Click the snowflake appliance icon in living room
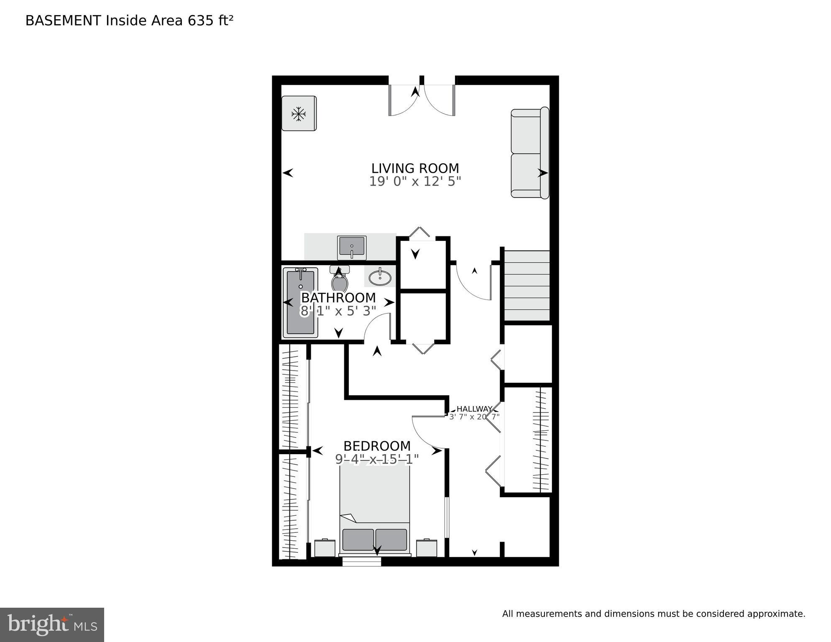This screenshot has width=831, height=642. [299, 114]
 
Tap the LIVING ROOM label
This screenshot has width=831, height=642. [415, 168]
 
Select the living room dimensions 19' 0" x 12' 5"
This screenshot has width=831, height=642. [415, 182]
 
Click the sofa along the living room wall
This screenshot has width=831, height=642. [529, 153]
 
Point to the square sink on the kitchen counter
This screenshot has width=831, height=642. [352, 247]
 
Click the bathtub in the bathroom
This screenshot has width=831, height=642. [300, 302]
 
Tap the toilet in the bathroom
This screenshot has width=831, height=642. [340, 281]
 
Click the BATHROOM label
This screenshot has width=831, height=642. [338, 298]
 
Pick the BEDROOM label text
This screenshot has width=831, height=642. [377, 446]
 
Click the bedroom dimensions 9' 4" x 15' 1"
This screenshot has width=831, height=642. [377, 459]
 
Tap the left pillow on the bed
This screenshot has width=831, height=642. [358, 540]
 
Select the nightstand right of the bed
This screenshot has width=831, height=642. [427, 548]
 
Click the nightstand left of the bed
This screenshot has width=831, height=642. [325, 548]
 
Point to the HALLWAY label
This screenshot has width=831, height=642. [474, 409]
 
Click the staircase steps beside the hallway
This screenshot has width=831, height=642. [527, 286]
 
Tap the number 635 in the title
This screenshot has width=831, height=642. [200, 20]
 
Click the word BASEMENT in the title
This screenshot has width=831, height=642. [63, 20]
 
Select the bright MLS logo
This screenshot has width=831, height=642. [52, 624]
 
